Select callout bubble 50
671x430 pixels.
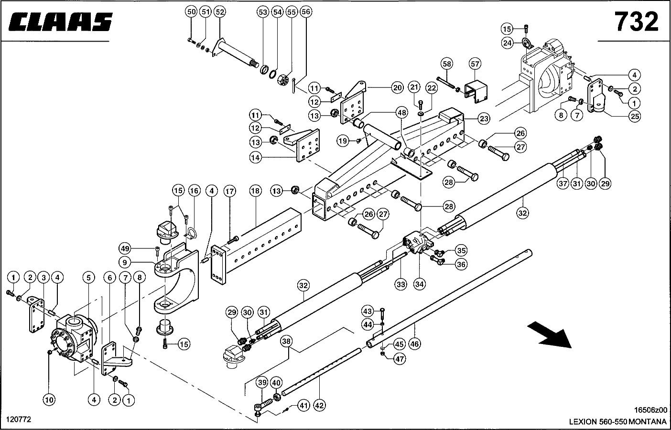click(x=191, y=11)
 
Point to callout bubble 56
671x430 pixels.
click(x=306, y=11)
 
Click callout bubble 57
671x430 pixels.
click(x=475, y=64)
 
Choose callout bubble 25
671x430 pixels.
click(x=635, y=116)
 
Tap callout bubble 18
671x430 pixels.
click(x=256, y=191)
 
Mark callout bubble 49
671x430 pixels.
click(x=125, y=248)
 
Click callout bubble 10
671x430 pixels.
click(x=49, y=399)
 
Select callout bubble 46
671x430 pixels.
click(x=414, y=343)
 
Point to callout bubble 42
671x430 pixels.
click(x=319, y=405)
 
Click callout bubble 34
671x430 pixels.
click(x=420, y=284)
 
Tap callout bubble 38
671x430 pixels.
click(x=286, y=342)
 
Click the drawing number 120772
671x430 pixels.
click(x=18, y=419)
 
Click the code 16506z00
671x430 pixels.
click(x=650, y=410)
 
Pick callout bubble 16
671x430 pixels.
click(x=194, y=191)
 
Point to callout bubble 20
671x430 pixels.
click(x=398, y=87)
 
